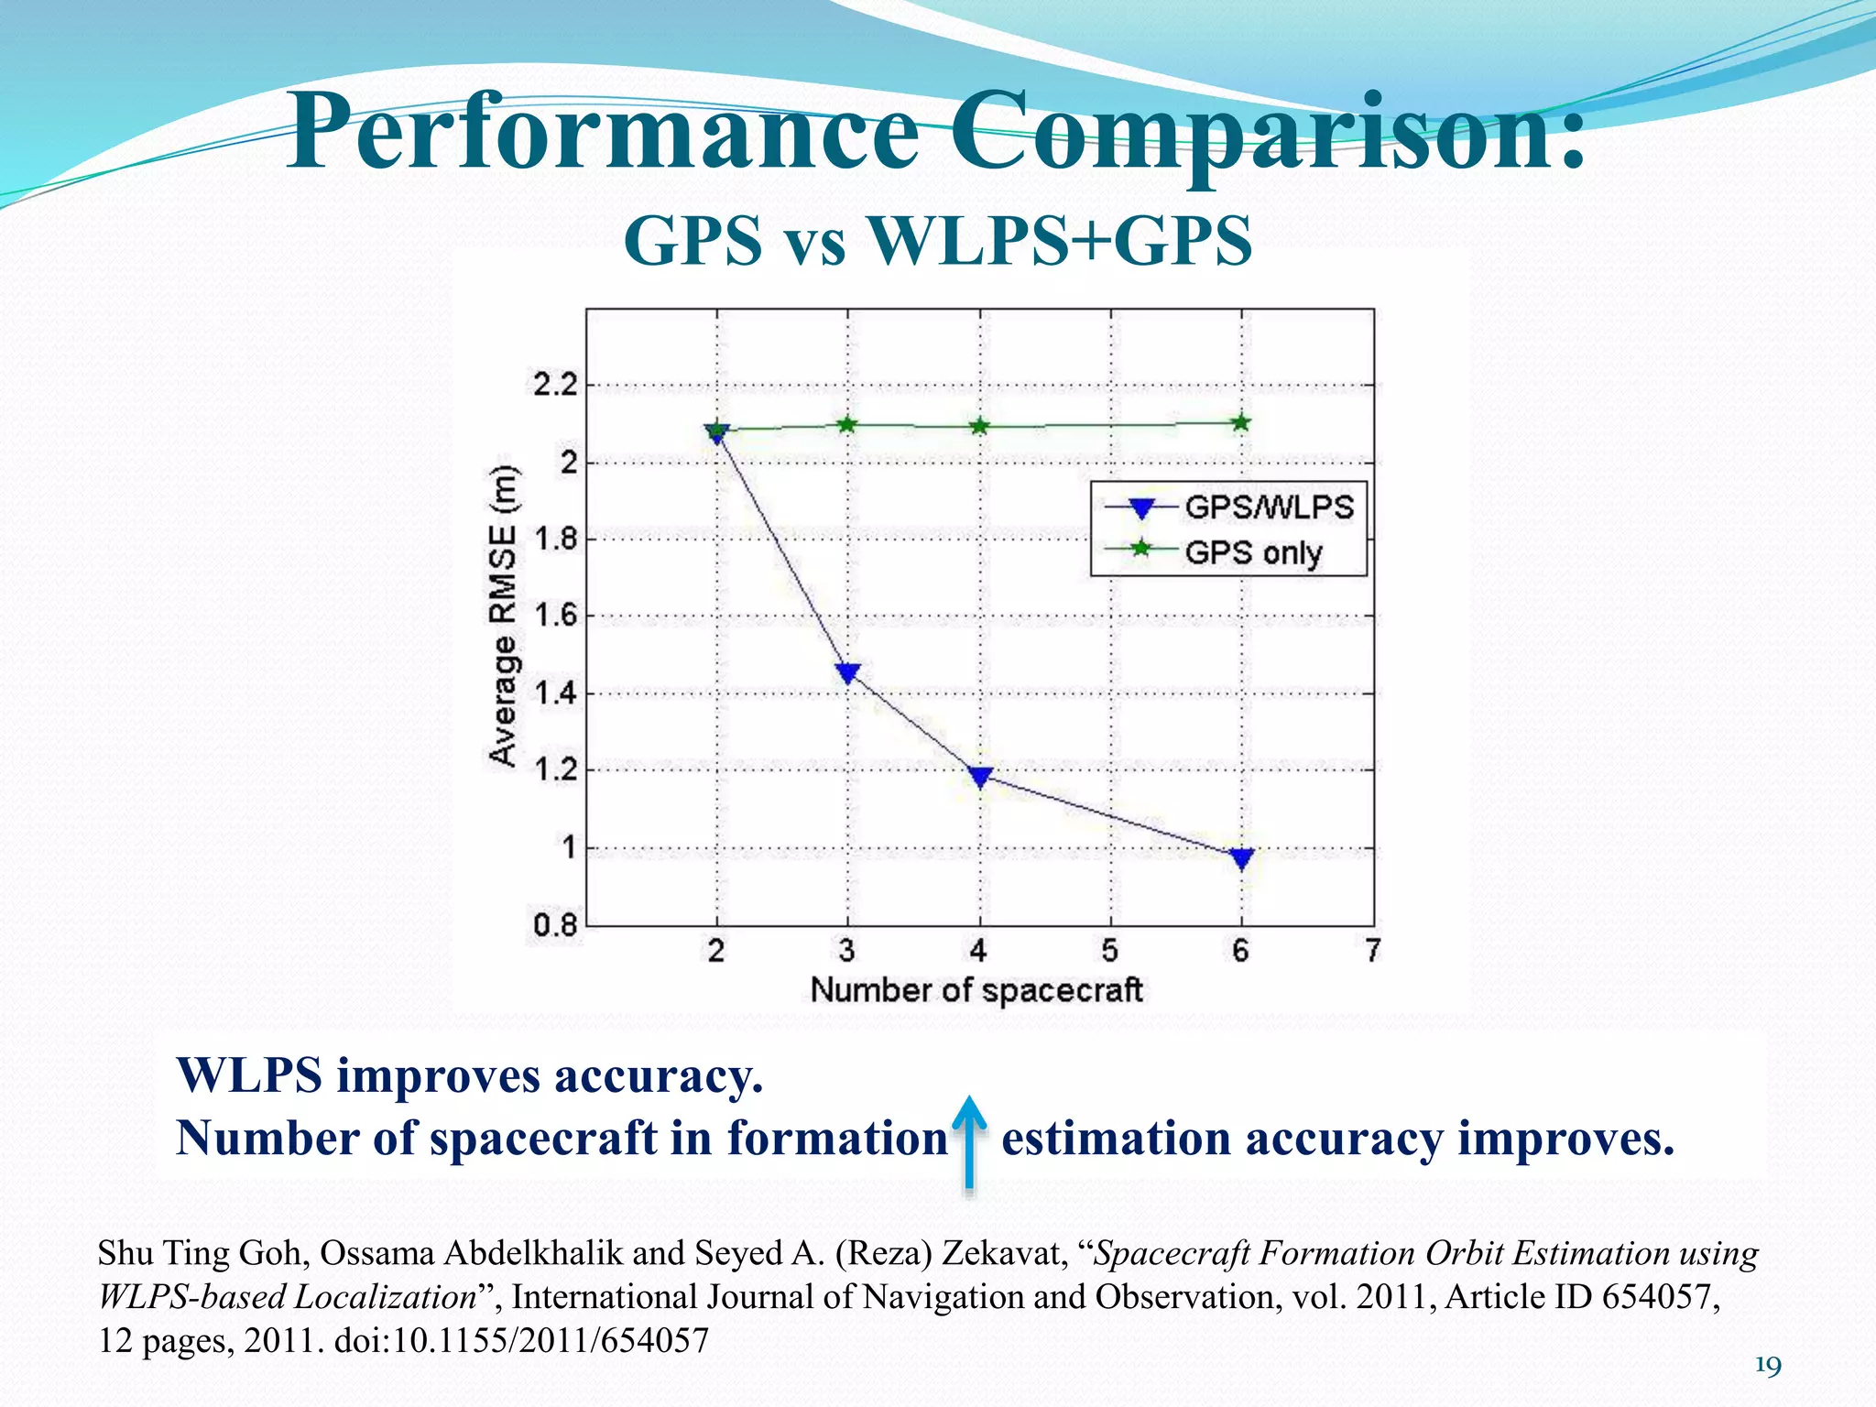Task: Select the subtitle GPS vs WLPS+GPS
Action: [937, 240]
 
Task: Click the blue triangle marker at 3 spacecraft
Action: [848, 673]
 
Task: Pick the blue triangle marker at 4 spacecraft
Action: [980, 778]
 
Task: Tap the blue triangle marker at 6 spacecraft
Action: [1242, 858]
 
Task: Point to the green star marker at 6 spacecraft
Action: [1241, 422]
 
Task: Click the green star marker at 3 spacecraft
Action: [847, 424]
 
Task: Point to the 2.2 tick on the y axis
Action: [556, 386]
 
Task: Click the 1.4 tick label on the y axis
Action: [556, 693]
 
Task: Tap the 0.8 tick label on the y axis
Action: [556, 926]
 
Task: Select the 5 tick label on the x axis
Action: [1110, 952]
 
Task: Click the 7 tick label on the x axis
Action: [1372, 952]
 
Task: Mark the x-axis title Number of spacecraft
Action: [976, 990]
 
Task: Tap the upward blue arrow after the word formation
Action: [969, 1142]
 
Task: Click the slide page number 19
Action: [1768, 1367]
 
